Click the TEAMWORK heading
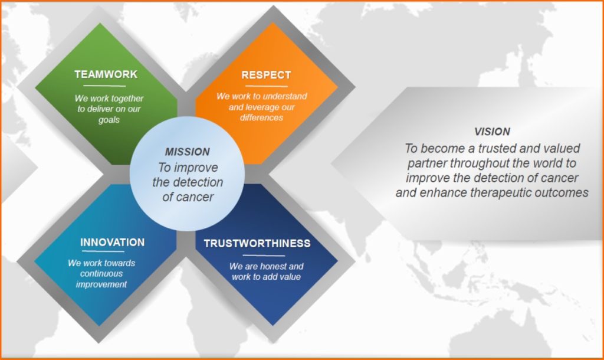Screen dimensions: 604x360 pos(106,74)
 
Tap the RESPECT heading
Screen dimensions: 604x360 pos(266,75)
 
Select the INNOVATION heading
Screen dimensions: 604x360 pos(113,242)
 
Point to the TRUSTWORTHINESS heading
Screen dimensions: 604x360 pos(257,243)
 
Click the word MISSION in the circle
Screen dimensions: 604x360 pos(188,152)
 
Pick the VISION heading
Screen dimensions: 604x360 pos(493,132)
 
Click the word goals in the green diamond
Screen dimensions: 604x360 pos(109,120)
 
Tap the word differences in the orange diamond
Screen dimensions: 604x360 pos(261,117)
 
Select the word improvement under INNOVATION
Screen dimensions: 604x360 pos(101,284)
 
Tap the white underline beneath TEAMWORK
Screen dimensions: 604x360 pos(105,86)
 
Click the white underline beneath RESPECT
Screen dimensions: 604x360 pos(267,86)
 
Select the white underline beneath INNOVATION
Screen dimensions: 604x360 pos(103,251)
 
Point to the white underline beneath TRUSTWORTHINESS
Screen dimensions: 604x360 pos(264,255)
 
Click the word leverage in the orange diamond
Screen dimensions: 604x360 pos(261,107)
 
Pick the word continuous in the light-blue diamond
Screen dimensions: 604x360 pos(101,274)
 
